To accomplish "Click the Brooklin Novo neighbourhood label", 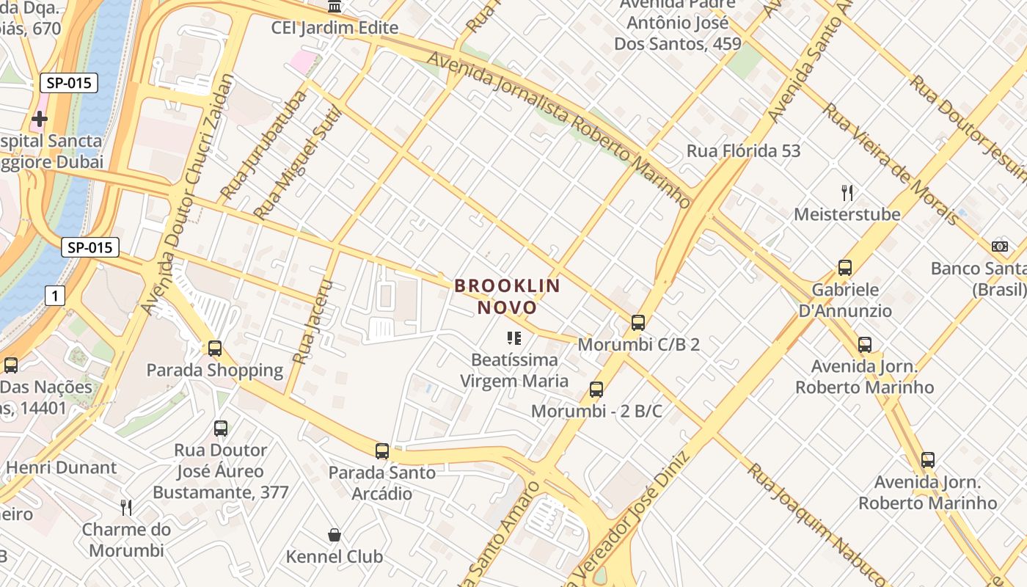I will tap(507, 296).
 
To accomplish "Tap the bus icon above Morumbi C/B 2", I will tap(638, 322).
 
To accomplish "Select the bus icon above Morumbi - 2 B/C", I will tap(596, 389).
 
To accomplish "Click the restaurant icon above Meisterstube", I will tap(847, 193).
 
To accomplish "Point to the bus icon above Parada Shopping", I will tap(215, 348).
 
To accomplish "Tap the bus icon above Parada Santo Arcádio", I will tap(382, 451).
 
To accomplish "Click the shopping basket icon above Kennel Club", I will tap(335, 535).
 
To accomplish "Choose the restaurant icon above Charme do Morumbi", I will tap(126, 507).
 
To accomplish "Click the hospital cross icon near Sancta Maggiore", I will tap(40, 118).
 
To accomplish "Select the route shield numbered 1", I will tap(55, 296).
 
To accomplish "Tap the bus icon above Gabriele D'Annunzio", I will tap(845, 268).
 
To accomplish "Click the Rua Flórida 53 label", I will tap(743, 151).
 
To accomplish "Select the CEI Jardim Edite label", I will tap(335, 28).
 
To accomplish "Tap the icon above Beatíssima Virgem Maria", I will tap(513, 338).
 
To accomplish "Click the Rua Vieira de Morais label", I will tap(891, 163).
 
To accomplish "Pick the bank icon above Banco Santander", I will tap(999, 247).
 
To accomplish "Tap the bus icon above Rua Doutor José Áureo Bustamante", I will tap(221, 429).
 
